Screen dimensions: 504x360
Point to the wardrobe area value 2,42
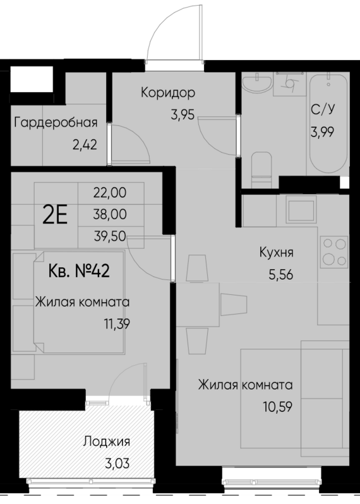click(85, 145)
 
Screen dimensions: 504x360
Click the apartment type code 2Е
click(55, 215)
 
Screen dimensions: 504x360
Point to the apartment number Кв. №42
click(80, 272)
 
